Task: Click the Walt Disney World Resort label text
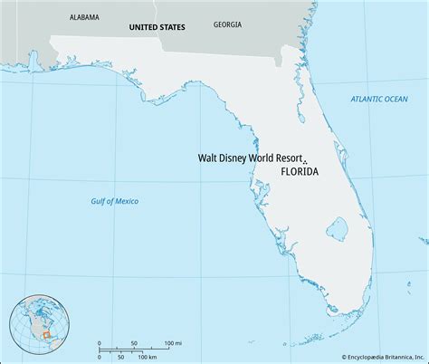click(x=249, y=157)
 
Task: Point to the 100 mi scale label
click(x=173, y=343)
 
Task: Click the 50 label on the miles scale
click(x=134, y=343)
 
